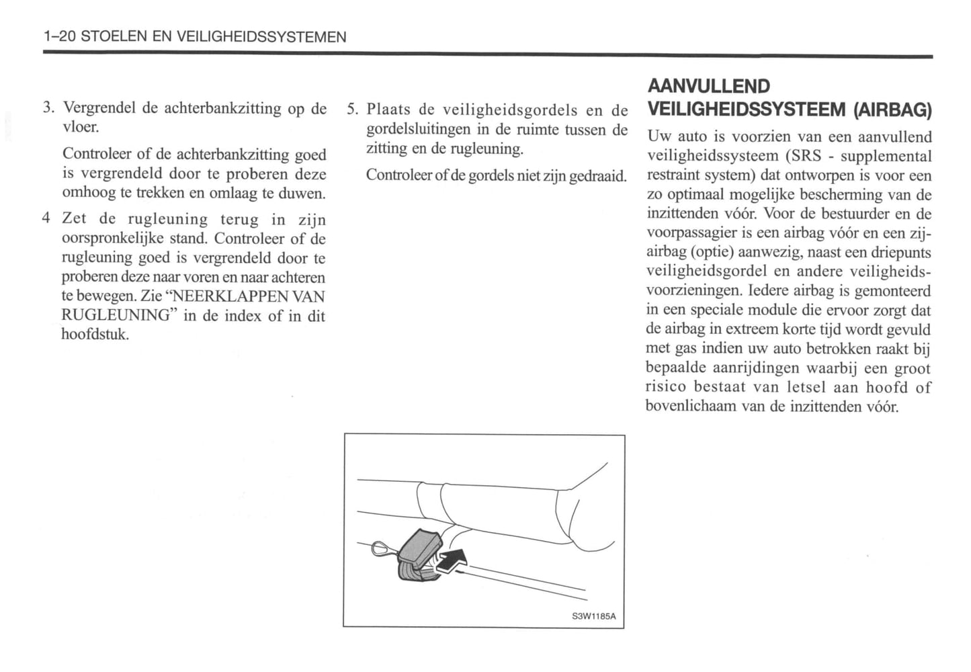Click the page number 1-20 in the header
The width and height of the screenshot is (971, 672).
click(58, 38)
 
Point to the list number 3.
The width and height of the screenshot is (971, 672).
click(47, 108)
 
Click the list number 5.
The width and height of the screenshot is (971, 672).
click(353, 110)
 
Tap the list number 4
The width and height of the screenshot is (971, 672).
click(46, 218)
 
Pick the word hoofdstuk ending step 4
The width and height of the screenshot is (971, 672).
click(94, 335)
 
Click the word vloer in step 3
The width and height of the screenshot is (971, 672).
click(80, 127)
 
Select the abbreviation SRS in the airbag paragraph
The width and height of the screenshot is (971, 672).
click(806, 157)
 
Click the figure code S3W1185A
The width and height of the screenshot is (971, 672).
click(594, 616)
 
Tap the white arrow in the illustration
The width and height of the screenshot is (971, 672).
click(452, 560)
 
